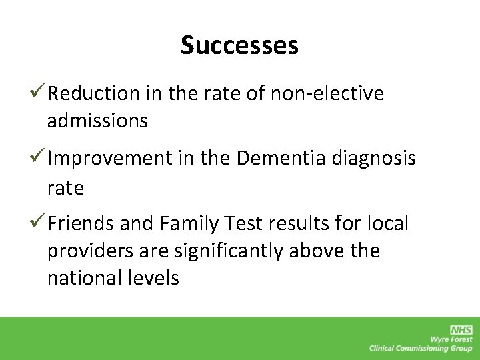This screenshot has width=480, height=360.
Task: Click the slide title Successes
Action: point(239,45)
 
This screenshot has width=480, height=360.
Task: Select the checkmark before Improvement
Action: point(38,158)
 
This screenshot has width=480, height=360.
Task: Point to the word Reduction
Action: point(93,94)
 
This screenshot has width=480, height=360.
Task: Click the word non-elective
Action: point(327,94)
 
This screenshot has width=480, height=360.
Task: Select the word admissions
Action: point(97,121)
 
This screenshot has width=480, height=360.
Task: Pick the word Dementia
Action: point(280,159)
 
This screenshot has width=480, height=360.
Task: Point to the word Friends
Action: point(81,224)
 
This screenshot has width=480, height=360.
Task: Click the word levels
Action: point(154,277)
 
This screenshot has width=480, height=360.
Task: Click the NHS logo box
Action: point(461,329)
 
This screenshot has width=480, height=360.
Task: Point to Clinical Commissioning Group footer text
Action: point(421,348)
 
